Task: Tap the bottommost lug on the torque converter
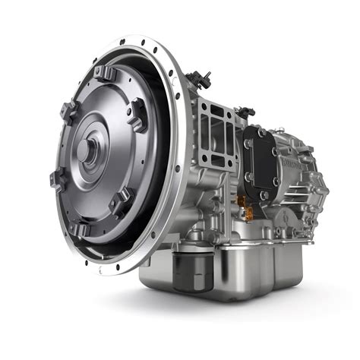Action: [x=81, y=228]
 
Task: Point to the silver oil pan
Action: [x=251, y=266]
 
